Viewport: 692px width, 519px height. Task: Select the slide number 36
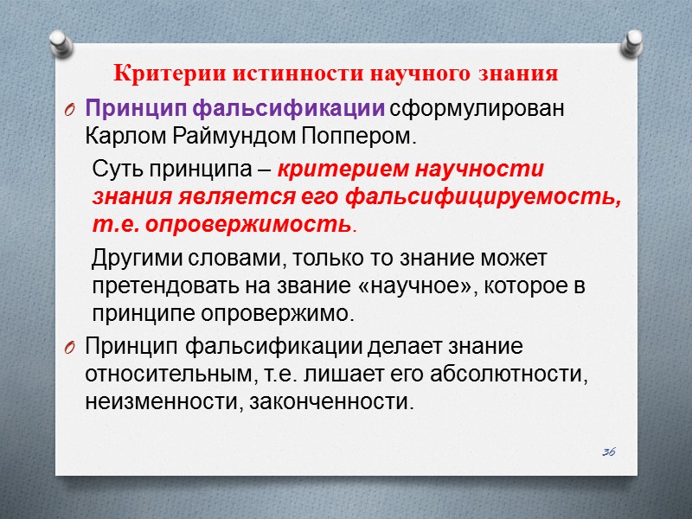point(609,452)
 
